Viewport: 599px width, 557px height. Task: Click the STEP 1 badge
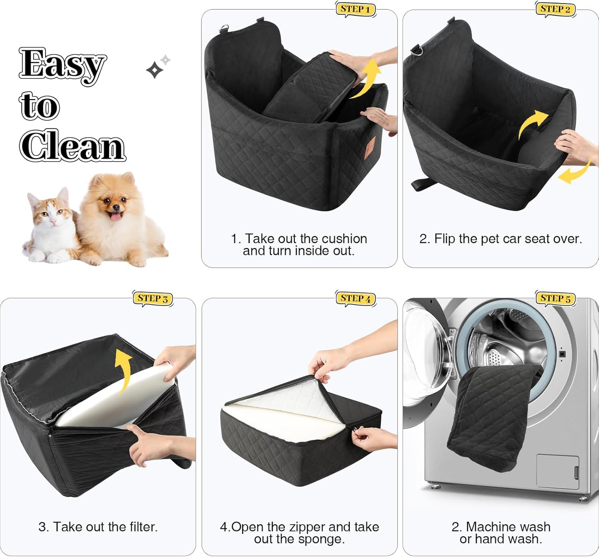pos(355,9)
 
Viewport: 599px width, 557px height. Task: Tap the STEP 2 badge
pos(555,9)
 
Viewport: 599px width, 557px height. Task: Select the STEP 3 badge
pos(153,298)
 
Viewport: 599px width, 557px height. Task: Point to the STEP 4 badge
pos(356,298)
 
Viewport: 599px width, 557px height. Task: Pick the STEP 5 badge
pos(555,298)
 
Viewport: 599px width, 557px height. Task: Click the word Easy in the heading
pos(62,65)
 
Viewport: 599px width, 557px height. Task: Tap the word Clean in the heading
pos(73,146)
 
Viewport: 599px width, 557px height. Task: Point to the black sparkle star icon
pos(155,70)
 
